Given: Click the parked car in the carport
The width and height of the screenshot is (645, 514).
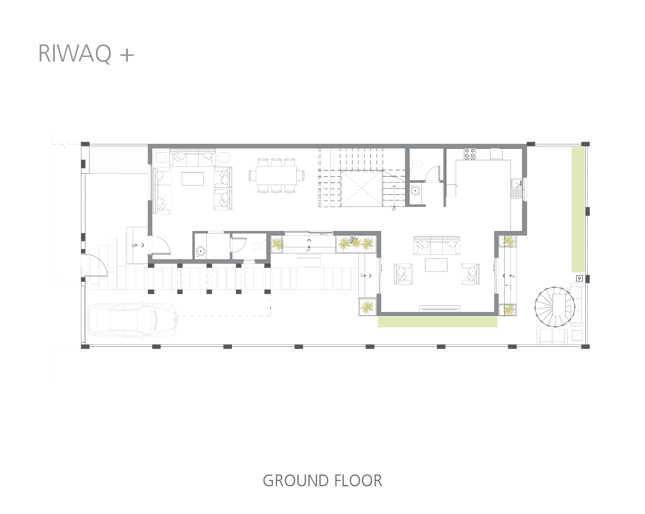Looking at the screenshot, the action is coord(132,320).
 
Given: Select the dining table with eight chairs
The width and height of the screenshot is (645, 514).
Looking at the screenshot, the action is coord(276,176).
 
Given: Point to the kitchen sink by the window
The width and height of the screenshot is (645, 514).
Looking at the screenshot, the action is coord(516,184).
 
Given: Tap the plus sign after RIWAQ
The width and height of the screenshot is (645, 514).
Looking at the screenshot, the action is coord(127,55).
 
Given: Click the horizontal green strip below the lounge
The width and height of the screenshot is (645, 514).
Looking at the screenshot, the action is coord(437,322).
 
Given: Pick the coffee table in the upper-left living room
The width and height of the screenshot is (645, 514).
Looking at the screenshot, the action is coord(192,179).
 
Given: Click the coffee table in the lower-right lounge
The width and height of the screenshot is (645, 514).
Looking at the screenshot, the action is coord(436,265).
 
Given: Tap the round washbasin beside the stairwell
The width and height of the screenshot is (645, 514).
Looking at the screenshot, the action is coord(415,190).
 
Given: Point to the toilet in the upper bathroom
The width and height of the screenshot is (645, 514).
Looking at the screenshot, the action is coord(417,164).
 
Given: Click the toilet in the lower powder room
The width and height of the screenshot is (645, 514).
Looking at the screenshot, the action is coord(259,245).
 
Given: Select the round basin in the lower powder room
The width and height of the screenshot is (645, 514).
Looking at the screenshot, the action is coord(200,251).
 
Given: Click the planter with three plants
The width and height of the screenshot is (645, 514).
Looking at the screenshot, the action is coord(356,244).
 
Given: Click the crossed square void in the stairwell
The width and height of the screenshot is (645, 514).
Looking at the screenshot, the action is coord(361,189).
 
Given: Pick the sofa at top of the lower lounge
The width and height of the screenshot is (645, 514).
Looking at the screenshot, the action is coord(437,245).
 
